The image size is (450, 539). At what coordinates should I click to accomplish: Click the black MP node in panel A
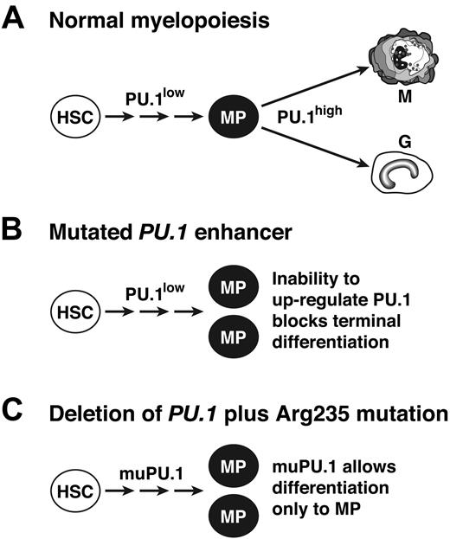tap(229, 116)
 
